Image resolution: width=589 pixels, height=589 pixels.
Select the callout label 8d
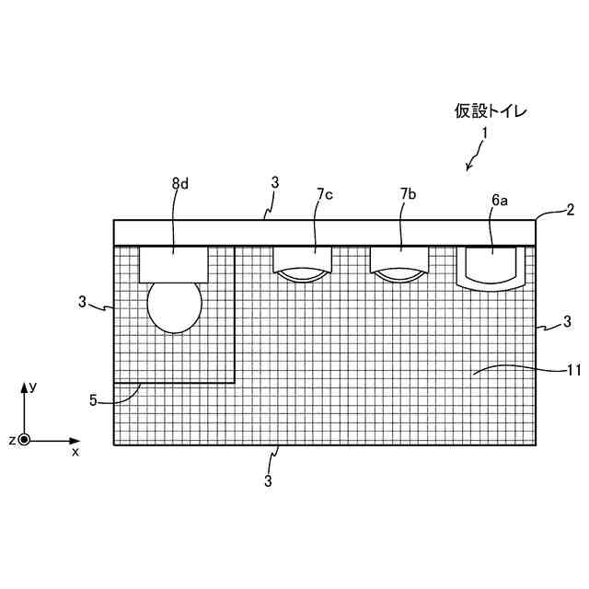[179, 183]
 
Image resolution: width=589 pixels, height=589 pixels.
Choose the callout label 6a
[498, 200]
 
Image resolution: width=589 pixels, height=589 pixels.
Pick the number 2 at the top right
[570, 210]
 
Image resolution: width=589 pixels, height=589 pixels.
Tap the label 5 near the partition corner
[93, 399]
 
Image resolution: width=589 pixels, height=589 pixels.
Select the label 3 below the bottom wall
[268, 480]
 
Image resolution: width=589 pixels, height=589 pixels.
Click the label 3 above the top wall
[274, 183]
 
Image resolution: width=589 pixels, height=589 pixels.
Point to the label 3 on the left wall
[82, 301]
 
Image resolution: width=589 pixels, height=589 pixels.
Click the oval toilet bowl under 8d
[175, 306]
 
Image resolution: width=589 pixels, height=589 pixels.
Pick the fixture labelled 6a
[491, 267]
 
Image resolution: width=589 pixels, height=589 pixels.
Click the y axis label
[32, 387]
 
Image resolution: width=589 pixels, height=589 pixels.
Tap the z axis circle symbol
[24, 440]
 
